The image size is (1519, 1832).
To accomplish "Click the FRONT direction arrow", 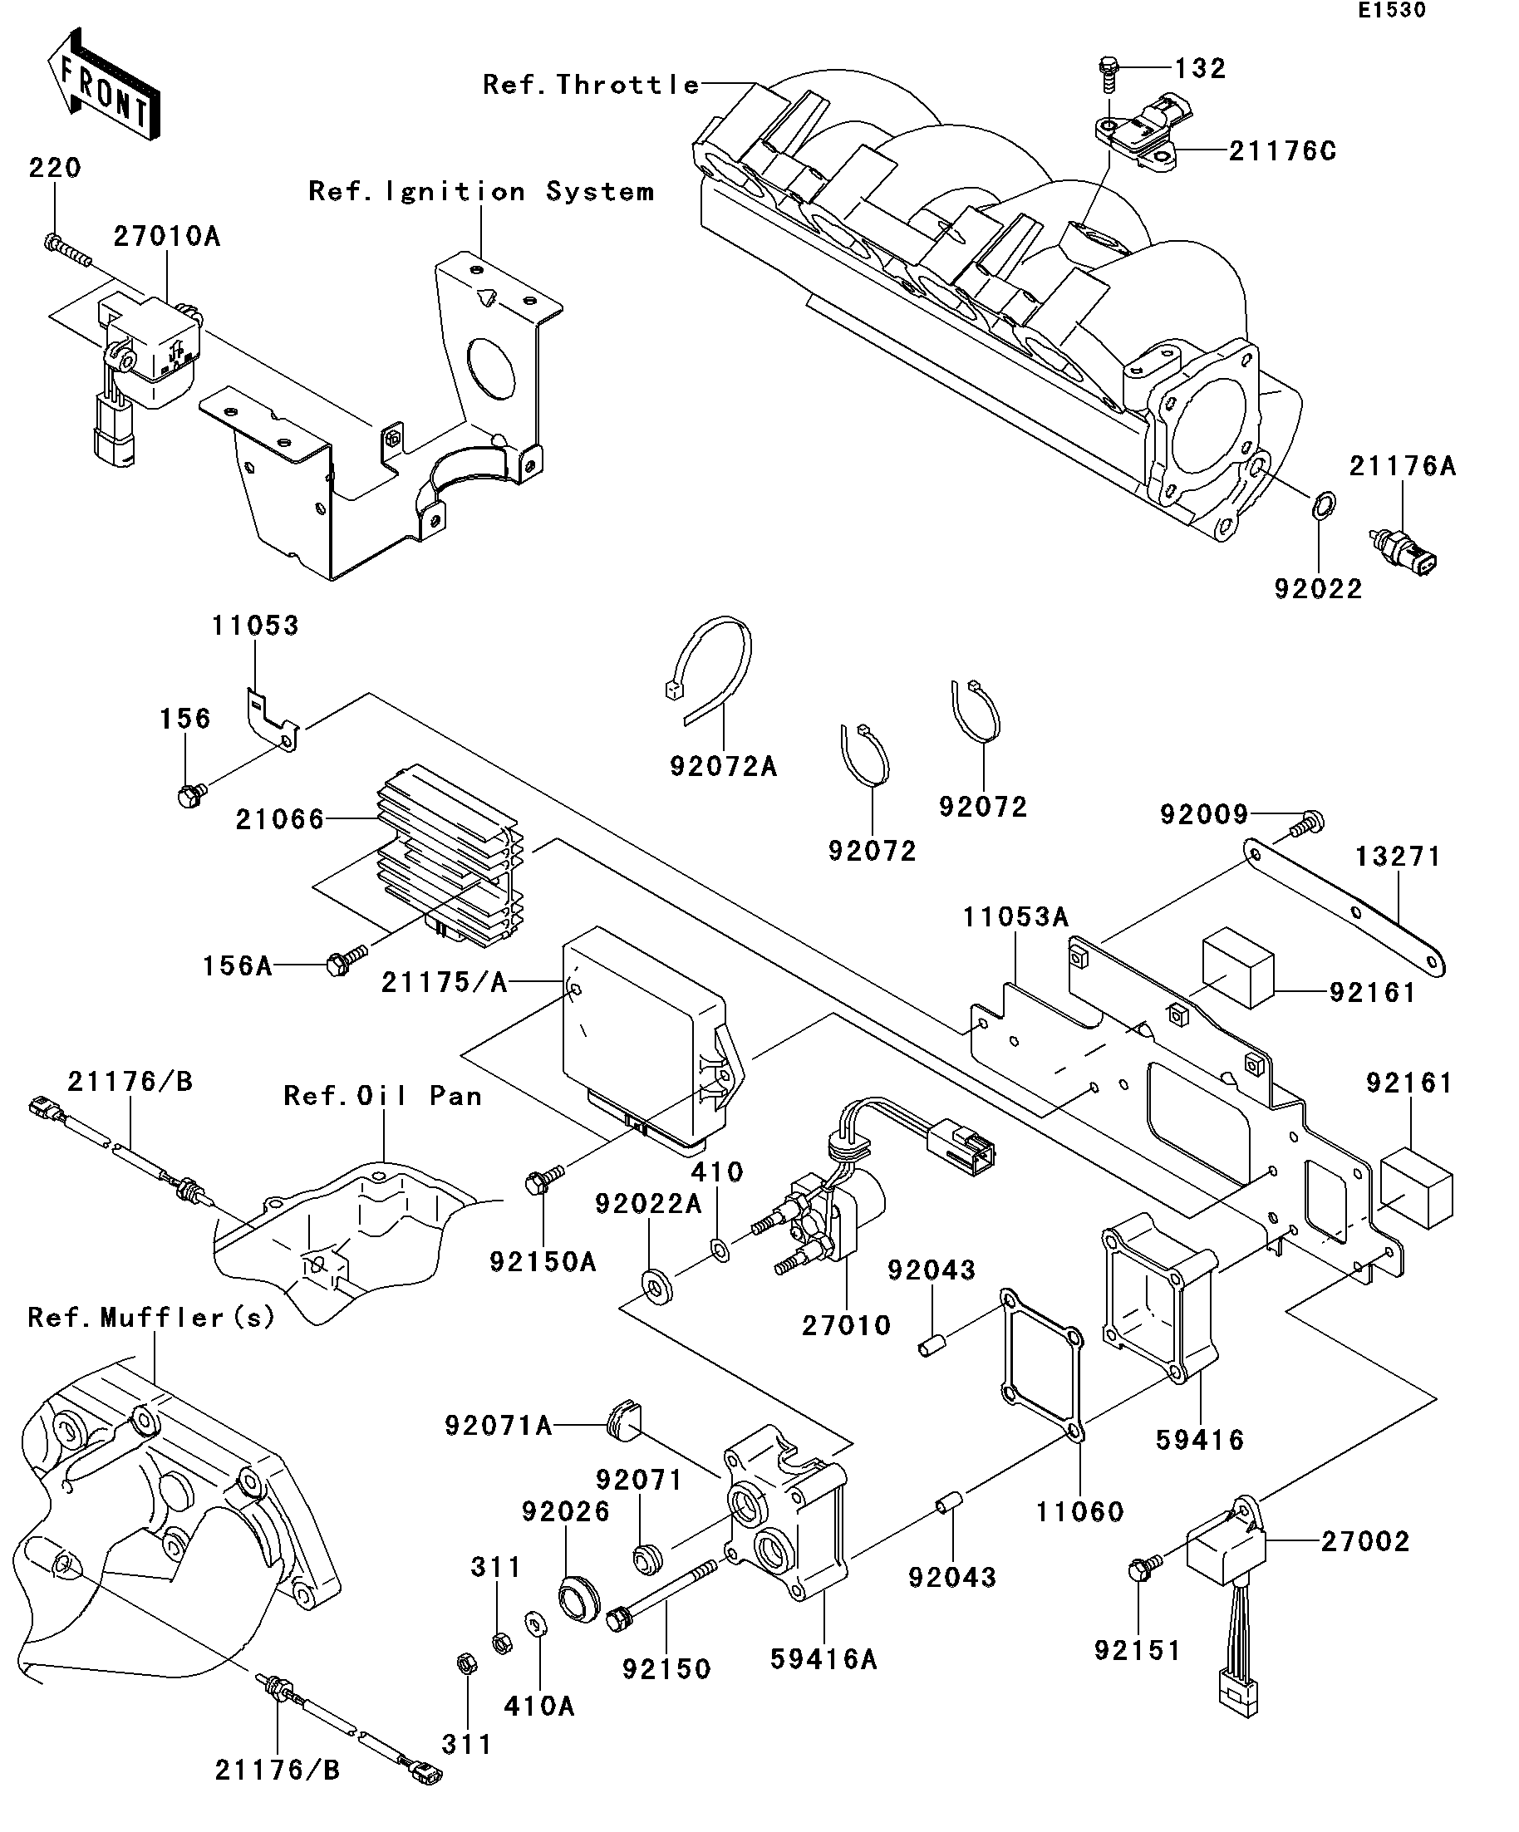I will (103, 85).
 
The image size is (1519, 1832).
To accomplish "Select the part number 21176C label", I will (1281, 152).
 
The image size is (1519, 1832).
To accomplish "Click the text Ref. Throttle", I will (591, 85).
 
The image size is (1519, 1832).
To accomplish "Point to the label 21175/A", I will (444, 983).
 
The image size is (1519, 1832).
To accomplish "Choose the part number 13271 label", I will (1398, 857).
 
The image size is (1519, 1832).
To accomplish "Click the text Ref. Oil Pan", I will (382, 1096).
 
